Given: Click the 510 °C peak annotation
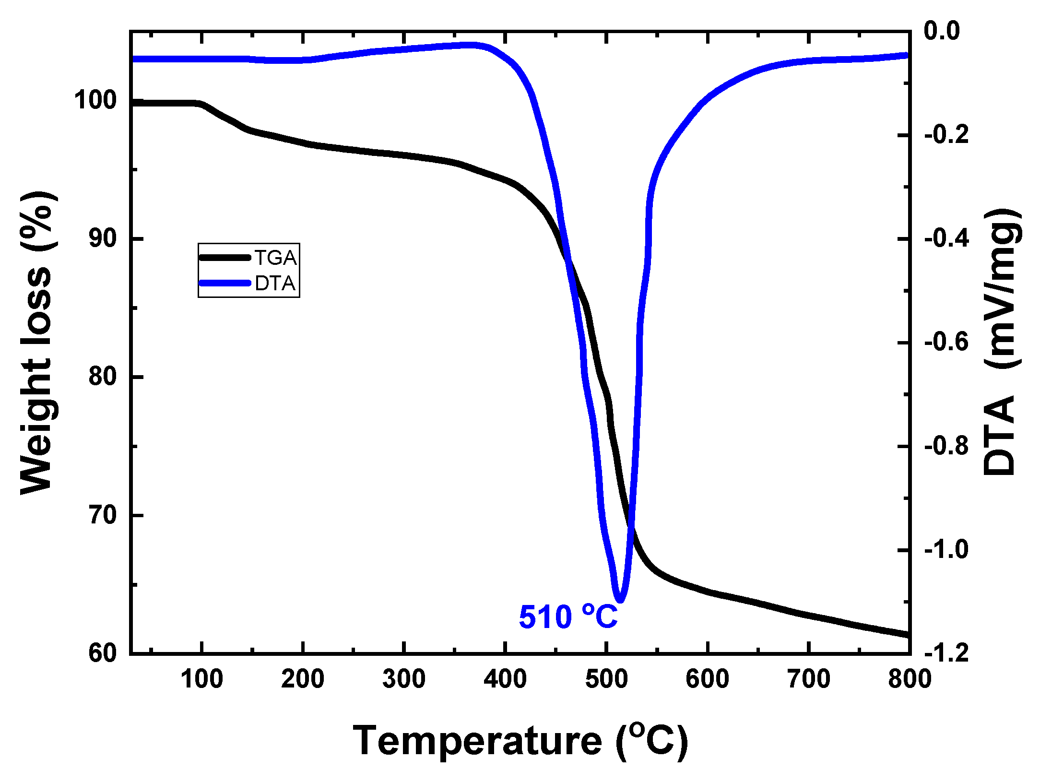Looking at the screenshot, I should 568,617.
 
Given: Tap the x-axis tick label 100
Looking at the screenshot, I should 201,679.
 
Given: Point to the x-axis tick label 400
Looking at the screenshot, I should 505,679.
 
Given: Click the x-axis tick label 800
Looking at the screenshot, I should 910,679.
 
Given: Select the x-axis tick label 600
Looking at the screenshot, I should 708,679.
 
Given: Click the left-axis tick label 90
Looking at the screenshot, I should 103,238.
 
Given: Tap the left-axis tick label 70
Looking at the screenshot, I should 103,515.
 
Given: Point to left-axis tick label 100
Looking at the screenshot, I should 95,100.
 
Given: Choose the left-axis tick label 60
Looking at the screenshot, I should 103,653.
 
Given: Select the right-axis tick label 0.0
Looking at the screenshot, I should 942,31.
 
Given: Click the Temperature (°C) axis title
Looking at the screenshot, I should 520,741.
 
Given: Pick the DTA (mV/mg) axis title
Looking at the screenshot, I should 1002,342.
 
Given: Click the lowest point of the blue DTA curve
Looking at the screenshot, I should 620,600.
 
